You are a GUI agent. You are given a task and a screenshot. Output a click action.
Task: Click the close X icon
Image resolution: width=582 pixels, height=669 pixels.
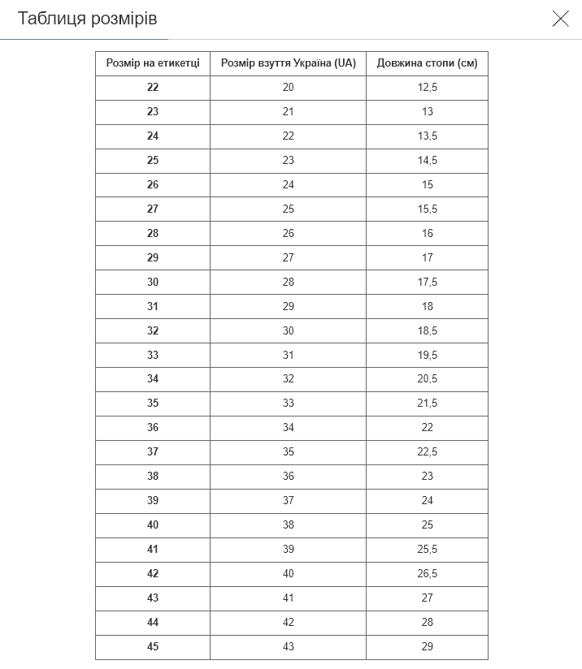560,19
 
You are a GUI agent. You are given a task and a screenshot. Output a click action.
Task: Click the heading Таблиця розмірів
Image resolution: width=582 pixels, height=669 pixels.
88,19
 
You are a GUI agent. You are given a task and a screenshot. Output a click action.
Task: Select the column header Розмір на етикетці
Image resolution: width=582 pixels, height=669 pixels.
153,63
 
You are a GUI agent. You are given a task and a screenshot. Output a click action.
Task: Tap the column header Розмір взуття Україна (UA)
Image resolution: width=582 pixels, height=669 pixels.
289,63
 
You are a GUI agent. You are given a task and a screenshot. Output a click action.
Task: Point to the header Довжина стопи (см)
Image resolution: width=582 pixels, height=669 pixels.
427,63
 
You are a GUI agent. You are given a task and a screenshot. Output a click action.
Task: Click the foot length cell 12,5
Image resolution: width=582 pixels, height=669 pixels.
427,88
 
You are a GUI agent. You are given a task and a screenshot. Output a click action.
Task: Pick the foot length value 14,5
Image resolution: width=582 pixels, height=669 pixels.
427,161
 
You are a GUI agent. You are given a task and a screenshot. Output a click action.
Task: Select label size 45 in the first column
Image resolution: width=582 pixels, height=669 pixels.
153,647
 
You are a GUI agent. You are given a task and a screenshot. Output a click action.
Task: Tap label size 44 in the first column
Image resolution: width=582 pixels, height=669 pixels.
153,623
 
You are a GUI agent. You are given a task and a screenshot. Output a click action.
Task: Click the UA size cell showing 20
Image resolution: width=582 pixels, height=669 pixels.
289,88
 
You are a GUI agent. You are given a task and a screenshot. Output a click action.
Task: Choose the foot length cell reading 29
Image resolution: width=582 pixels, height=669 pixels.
427,647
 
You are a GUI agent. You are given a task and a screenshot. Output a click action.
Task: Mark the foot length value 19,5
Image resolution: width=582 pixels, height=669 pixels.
427,355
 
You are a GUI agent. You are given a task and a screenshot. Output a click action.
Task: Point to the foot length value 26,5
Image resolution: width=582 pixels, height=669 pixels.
427,574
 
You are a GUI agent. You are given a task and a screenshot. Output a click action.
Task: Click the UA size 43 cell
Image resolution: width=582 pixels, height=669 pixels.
289,647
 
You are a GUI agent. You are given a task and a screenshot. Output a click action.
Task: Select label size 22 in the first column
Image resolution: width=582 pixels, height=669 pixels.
153,88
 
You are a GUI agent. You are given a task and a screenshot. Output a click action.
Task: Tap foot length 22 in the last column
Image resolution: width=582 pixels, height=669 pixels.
427,428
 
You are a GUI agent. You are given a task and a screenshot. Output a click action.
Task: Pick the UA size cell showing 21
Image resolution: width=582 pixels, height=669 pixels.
289,112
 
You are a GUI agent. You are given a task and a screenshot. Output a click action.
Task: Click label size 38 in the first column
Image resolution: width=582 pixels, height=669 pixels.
153,477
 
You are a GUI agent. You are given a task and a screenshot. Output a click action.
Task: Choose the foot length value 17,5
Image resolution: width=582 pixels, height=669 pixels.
427,282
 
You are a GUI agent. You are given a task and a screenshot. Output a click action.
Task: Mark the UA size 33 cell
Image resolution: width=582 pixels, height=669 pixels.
289,404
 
